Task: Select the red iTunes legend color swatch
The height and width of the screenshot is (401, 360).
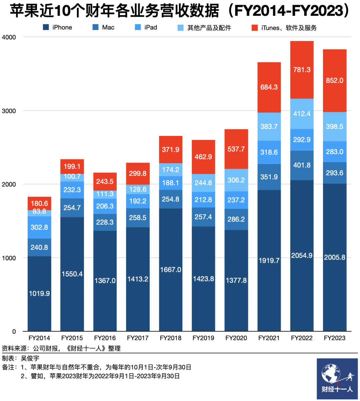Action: click(x=255, y=28)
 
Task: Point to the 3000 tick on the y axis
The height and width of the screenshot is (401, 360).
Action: click(x=9, y=111)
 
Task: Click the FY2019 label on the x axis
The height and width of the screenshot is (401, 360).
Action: click(x=203, y=338)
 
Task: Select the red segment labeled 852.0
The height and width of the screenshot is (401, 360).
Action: click(x=335, y=81)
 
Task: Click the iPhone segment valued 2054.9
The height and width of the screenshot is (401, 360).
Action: click(x=302, y=255)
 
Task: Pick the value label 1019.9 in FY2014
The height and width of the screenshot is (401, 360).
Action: click(x=39, y=293)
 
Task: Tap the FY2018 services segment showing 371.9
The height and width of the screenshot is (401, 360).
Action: click(x=171, y=150)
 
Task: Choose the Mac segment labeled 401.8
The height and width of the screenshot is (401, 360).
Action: click(x=302, y=165)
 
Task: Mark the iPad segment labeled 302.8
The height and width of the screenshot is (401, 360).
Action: click(x=39, y=227)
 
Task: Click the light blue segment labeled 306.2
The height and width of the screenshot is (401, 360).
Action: click(x=236, y=180)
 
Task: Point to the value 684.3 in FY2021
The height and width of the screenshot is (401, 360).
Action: click(x=269, y=87)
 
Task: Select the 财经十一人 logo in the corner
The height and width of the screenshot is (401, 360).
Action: click(x=337, y=379)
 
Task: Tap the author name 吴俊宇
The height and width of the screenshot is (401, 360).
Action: click(x=30, y=358)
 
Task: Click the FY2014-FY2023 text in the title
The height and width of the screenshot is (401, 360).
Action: click(x=292, y=11)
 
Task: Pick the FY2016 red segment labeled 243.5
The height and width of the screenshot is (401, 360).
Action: click(x=105, y=182)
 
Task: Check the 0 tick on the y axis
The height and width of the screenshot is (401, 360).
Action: click(x=14, y=332)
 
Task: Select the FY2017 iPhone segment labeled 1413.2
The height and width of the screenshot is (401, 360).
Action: click(x=138, y=279)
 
